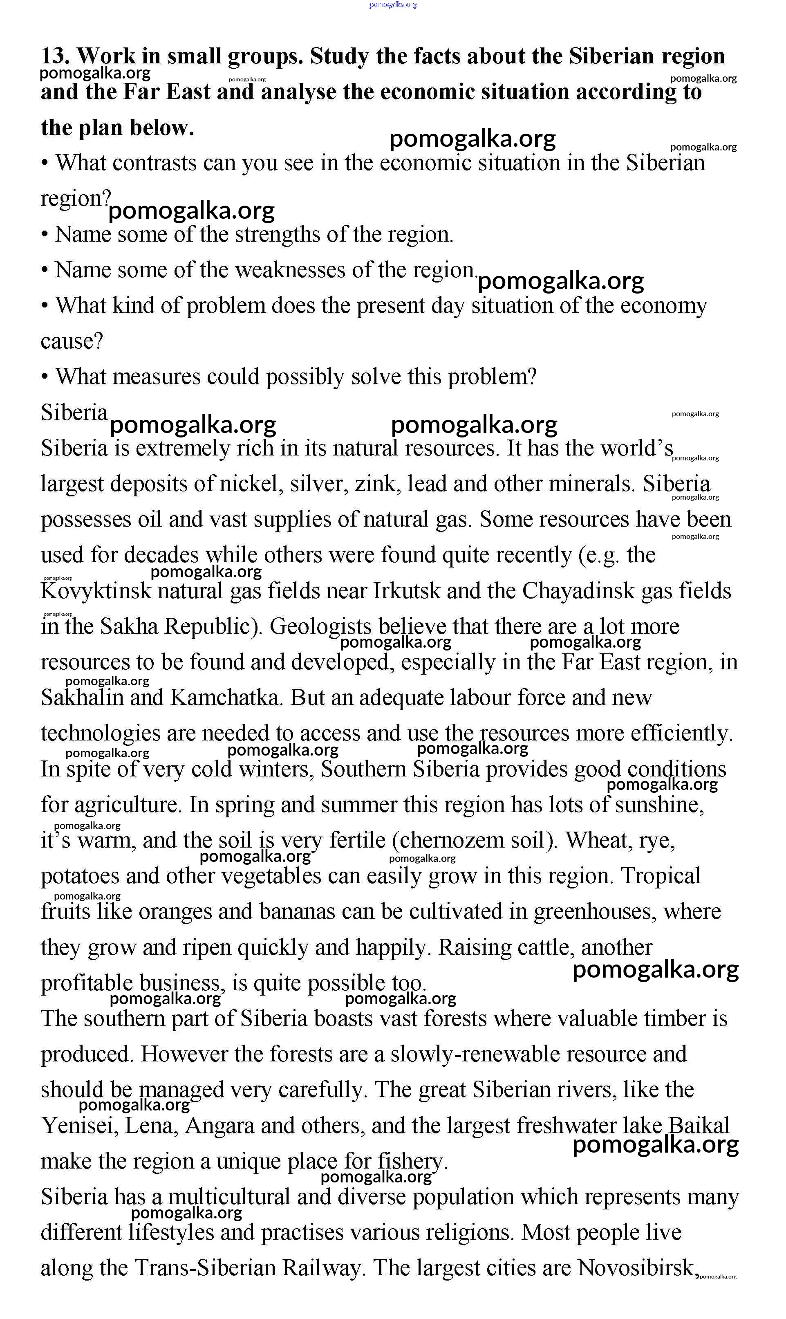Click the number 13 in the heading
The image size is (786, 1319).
tap(54, 56)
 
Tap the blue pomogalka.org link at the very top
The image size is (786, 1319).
tap(393, 5)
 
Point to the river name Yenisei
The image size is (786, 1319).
tap(79, 1126)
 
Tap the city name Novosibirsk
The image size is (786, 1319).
tap(636, 1268)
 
